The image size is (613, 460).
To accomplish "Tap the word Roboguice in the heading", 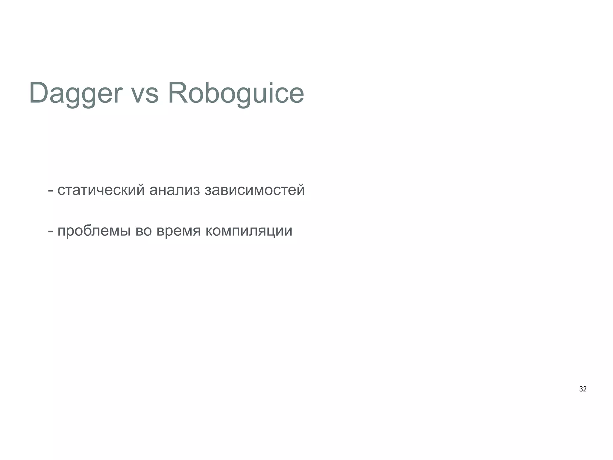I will [x=236, y=93].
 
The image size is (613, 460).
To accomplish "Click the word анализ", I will [x=174, y=190].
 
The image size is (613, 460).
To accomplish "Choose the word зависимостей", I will [x=254, y=190].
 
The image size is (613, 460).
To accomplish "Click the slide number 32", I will [x=583, y=389].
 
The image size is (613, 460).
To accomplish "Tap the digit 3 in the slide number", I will [x=581, y=389].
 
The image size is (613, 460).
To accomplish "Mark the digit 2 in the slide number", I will [x=585, y=389].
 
